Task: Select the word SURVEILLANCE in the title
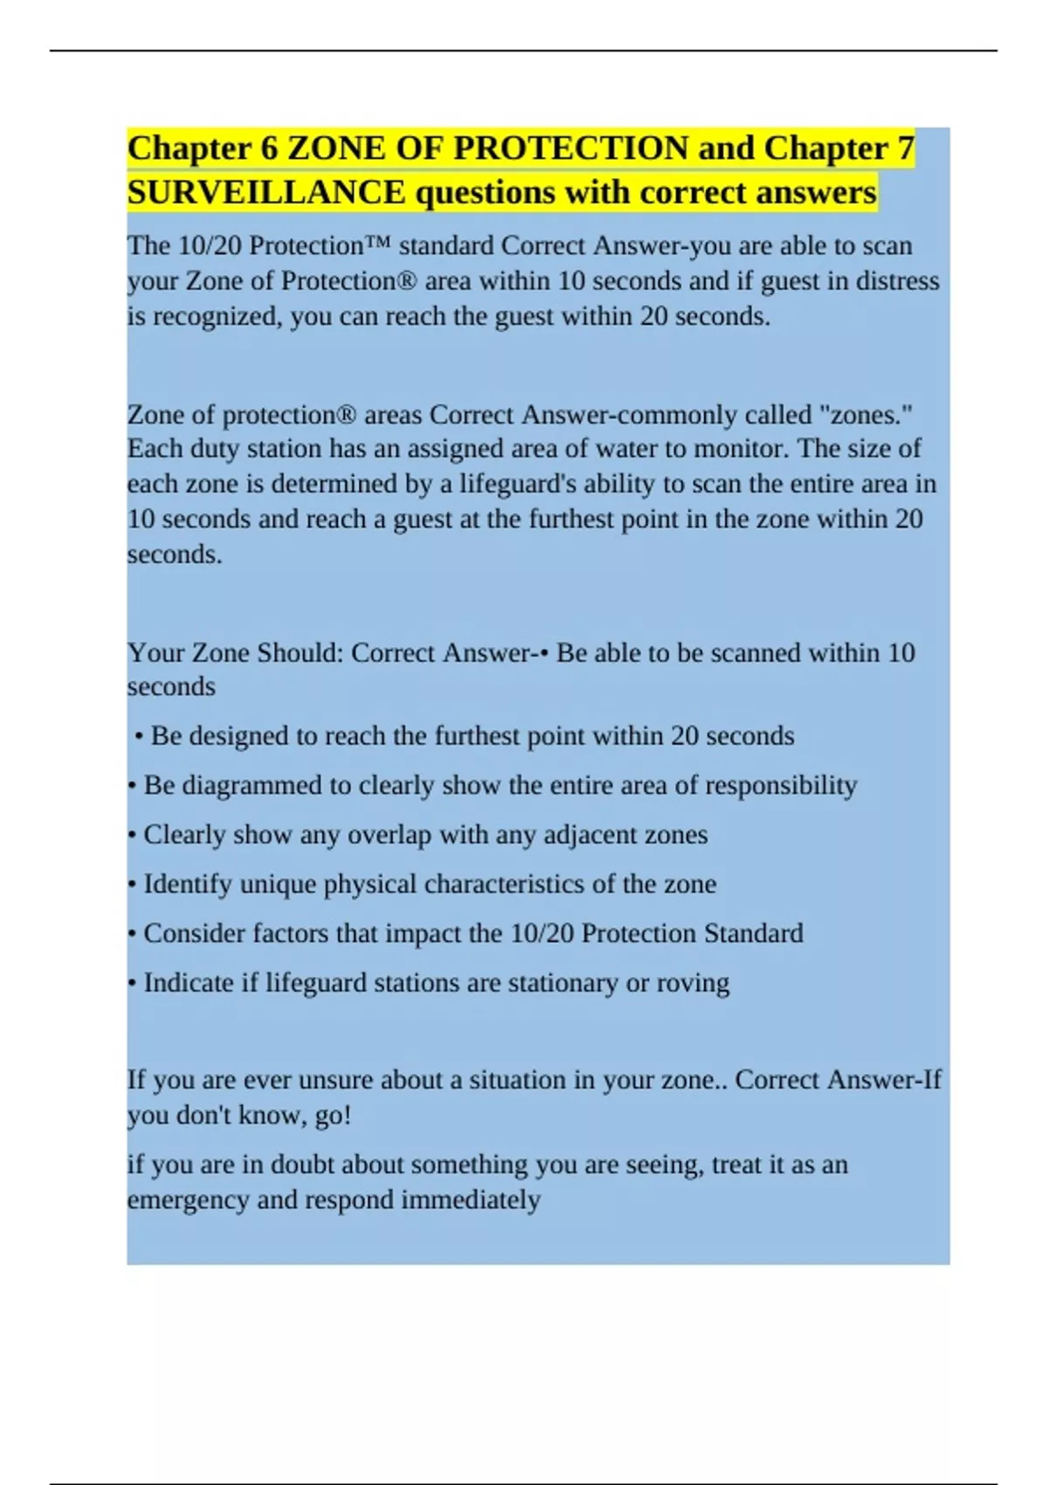(266, 193)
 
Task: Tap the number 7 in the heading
(906, 148)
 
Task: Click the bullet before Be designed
(140, 736)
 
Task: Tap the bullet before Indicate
(131, 984)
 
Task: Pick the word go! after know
(332, 1115)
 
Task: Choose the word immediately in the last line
(470, 1200)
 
